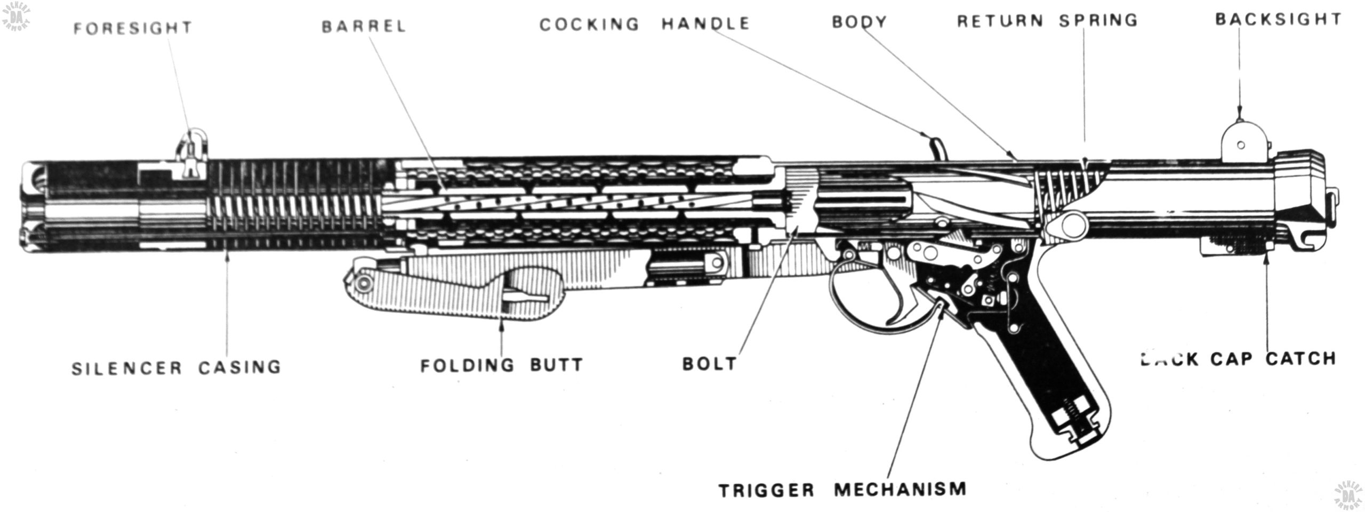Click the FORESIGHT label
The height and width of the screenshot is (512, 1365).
(x=133, y=28)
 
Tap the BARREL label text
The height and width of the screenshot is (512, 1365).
(x=364, y=26)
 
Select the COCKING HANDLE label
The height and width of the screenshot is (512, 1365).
(x=645, y=24)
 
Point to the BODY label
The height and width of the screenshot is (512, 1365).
(x=859, y=22)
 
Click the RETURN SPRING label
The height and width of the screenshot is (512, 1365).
(x=1048, y=21)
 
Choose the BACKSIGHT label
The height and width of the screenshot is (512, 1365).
(x=1278, y=20)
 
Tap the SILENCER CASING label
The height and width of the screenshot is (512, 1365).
(x=176, y=367)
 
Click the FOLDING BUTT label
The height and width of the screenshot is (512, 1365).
(x=502, y=365)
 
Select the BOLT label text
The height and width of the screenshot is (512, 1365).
(x=709, y=364)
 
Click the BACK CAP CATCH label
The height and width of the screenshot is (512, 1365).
(x=1238, y=359)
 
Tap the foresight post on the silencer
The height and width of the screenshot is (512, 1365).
(x=192, y=152)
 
